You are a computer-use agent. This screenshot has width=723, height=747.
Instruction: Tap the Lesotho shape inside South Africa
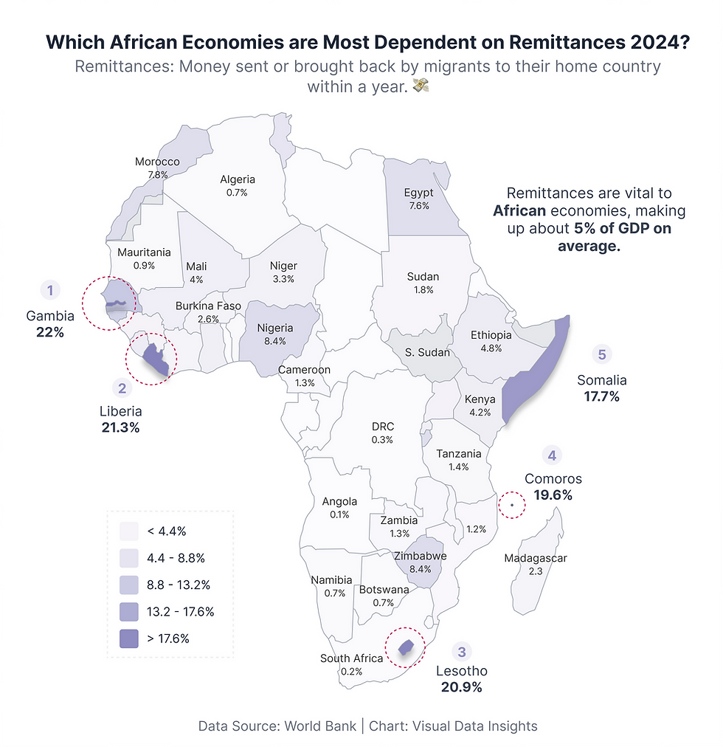click(404, 647)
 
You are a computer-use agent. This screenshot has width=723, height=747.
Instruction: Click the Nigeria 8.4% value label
click(274, 341)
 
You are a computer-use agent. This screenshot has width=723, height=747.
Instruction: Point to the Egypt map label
click(418, 193)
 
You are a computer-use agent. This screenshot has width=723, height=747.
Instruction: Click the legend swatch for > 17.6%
click(129, 638)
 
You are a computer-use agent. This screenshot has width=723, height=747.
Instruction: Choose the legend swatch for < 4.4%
click(129, 531)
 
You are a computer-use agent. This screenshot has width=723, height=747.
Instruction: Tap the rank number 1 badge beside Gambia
click(49, 290)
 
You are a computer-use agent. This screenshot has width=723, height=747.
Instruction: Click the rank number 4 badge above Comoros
click(550, 454)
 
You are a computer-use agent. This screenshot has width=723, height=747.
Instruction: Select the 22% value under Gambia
click(50, 332)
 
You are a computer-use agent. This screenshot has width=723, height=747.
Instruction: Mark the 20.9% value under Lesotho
click(461, 687)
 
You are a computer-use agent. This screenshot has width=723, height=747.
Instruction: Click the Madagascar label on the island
click(536, 558)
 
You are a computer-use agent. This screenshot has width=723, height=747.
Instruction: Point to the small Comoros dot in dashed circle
click(511, 505)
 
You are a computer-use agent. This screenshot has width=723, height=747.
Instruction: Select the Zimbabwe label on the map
click(421, 556)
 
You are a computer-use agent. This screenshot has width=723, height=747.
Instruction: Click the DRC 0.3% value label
click(382, 439)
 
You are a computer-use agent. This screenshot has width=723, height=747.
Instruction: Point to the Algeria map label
click(238, 179)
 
